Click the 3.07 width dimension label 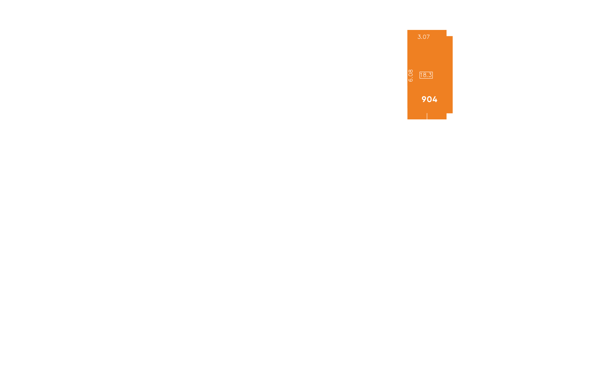tap(423, 37)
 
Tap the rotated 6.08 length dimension tap(411, 76)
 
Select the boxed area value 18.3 tap(426, 75)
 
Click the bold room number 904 tap(429, 100)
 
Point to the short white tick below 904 tap(427, 116)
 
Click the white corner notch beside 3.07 tap(450, 33)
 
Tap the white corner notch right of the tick tap(450, 116)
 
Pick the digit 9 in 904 tap(424, 100)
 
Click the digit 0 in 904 tap(429, 100)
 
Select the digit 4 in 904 tap(435, 100)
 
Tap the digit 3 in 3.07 tap(419, 37)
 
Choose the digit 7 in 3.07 tap(428, 37)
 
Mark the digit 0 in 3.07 tap(424, 37)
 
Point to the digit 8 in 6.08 tap(411, 71)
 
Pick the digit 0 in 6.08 tap(411, 75)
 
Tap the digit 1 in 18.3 tap(421, 75)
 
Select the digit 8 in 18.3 tap(424, 75)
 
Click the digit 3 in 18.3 tap(430, 75)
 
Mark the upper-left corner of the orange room tap(407, 30)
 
